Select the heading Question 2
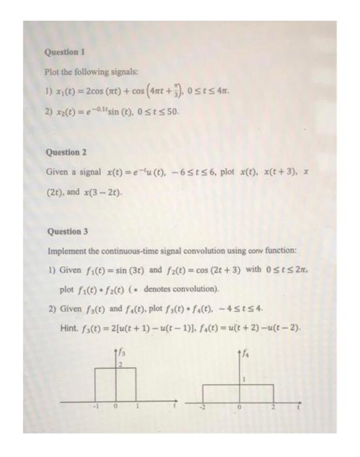click(66, 152)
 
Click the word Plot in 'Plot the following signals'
click(52, 72)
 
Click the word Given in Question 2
click(57, 171)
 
